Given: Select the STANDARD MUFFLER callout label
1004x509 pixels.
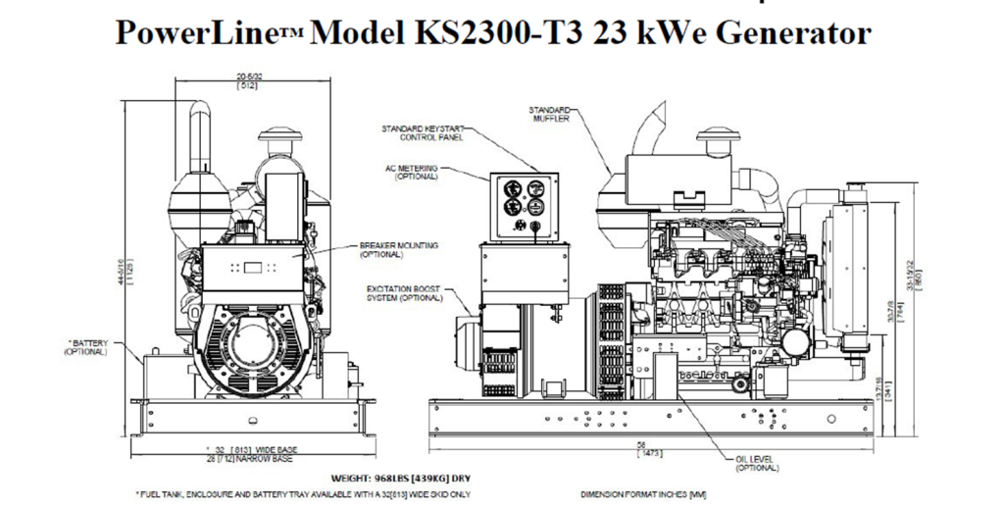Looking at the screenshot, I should pyautogui.click(x=551, y=113).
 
